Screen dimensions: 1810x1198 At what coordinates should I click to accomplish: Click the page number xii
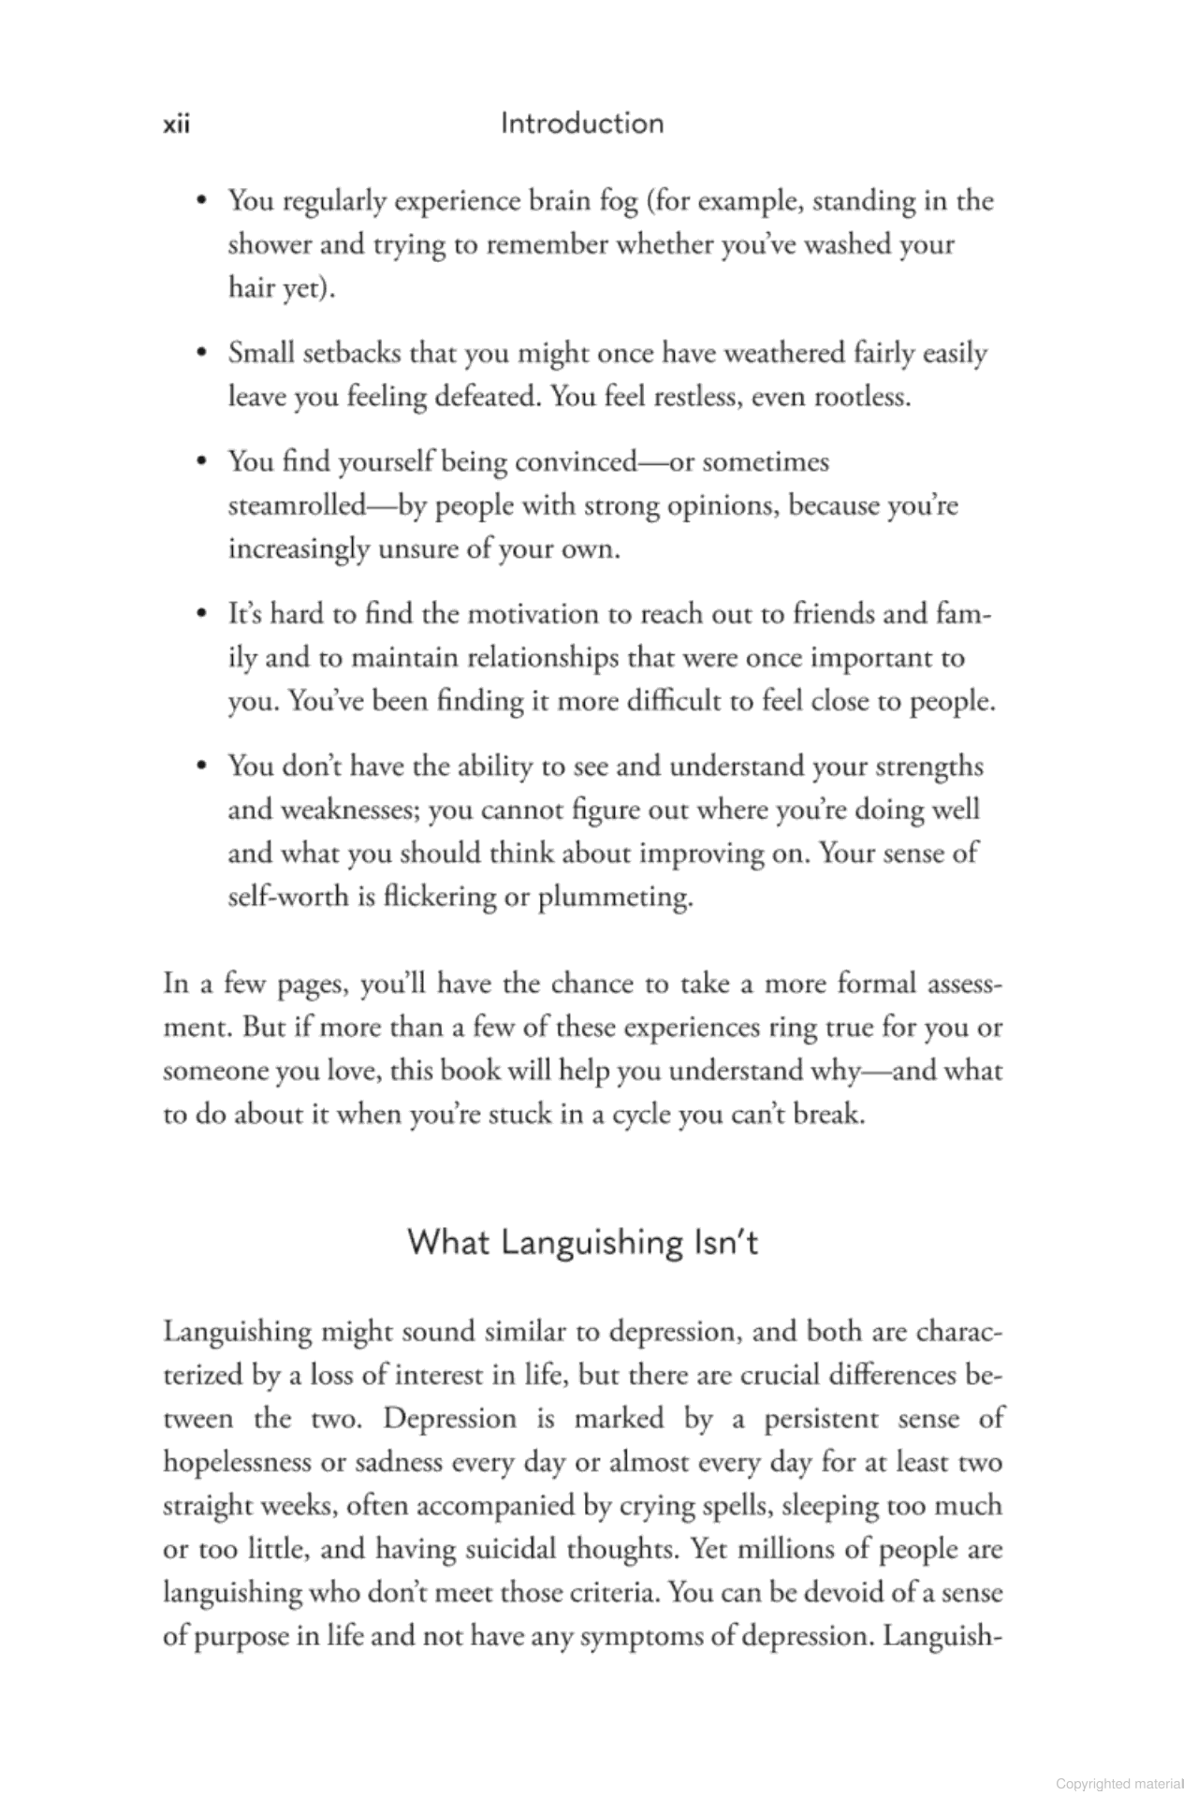pos(176,124)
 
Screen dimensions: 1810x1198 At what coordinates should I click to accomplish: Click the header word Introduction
pos(581,124)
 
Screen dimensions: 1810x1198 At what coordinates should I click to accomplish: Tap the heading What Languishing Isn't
pos(582,1242)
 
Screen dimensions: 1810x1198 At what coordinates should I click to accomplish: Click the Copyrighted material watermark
pos(1119,1784)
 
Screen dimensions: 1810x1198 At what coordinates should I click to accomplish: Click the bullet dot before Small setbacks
pos(201,354)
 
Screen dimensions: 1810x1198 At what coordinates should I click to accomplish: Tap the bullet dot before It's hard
pos(201,615)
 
